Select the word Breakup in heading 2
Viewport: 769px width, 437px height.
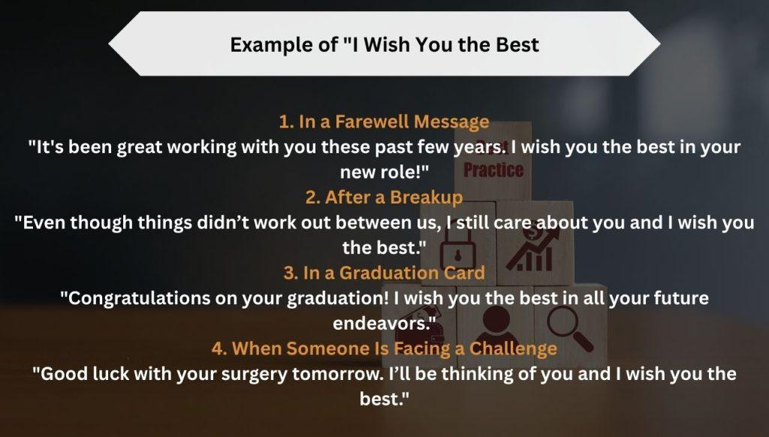427,197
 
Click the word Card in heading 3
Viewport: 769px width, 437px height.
464,273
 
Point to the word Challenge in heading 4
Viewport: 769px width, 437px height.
513,348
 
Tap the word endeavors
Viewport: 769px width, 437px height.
384,323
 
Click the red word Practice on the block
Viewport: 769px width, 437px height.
493,170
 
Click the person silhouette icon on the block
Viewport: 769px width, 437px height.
499,322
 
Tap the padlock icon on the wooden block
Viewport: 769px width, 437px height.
457,249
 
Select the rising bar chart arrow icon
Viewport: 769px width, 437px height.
532,250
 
